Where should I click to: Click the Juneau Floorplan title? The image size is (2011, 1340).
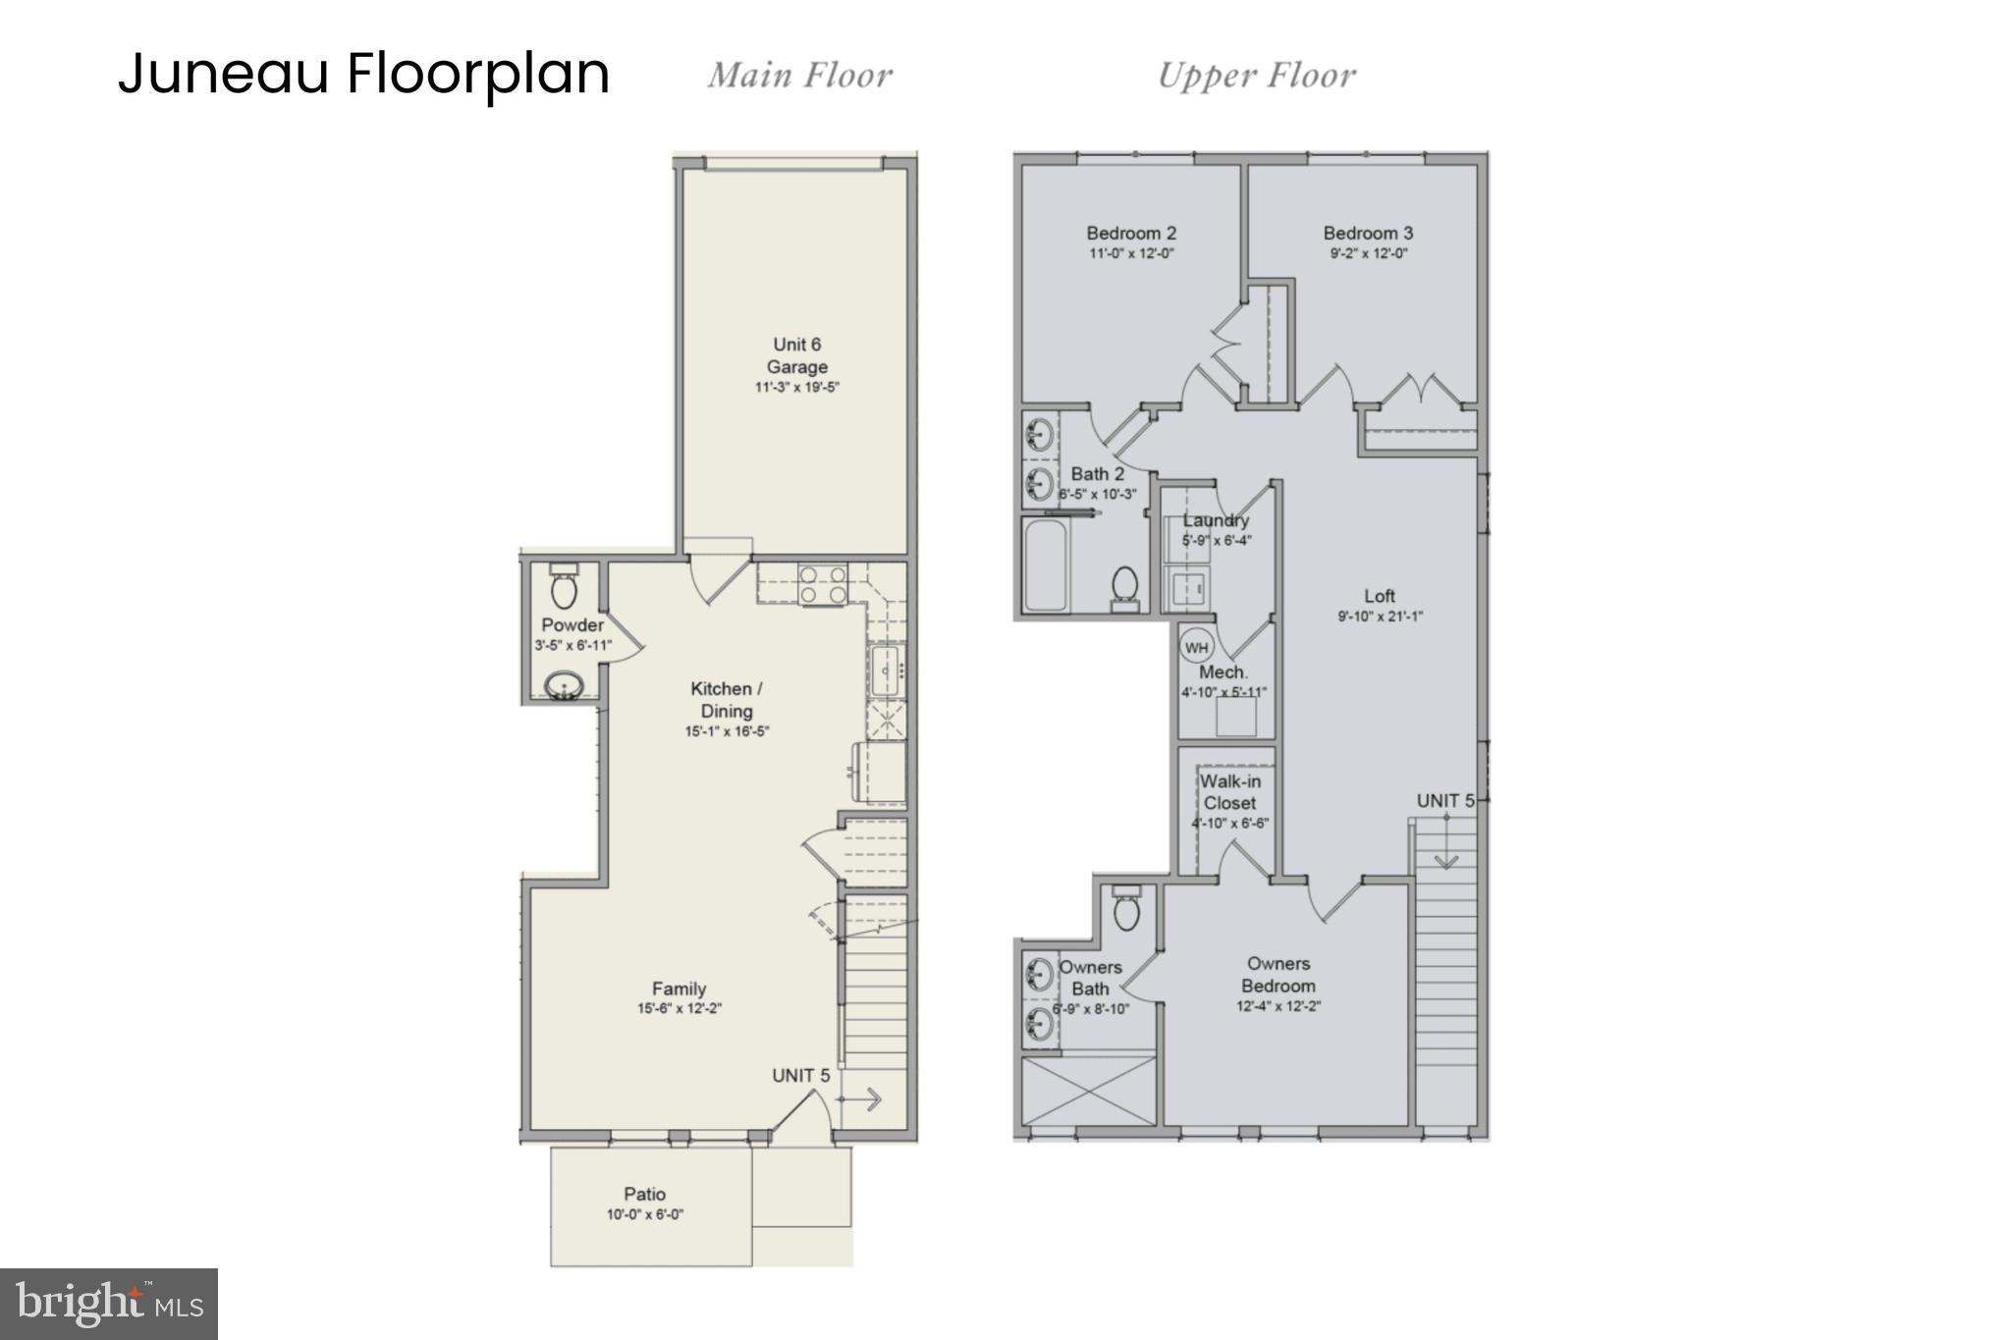point(363,75)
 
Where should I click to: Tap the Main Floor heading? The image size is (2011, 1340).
point(799,76)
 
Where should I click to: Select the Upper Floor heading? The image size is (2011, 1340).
point(1256,76)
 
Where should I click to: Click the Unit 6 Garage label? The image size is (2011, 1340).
point(796,355)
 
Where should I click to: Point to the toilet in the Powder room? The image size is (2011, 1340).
point(564,588)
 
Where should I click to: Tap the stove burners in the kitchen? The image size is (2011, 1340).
point(822,585)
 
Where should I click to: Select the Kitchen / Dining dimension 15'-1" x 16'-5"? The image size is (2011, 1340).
point(727,731)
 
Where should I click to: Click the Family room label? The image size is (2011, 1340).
point(679,989)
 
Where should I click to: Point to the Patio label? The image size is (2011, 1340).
point(644,1194)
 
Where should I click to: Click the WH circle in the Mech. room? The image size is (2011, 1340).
point(1196,647)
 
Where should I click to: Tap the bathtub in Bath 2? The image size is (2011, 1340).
point(1045,564)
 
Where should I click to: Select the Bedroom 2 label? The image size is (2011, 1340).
point(1130,233)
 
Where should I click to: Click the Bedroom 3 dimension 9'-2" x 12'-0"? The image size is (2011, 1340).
point(1368,253)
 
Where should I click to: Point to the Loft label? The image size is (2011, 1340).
point(1379,596)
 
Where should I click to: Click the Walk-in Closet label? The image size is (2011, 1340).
point(1229,792)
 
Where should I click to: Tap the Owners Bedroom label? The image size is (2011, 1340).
point(1277,975)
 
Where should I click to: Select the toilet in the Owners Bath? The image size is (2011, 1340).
point(1126,909)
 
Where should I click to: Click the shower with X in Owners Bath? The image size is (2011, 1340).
point(1089,1091)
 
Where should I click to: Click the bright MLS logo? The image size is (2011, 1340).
point(109,1304)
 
